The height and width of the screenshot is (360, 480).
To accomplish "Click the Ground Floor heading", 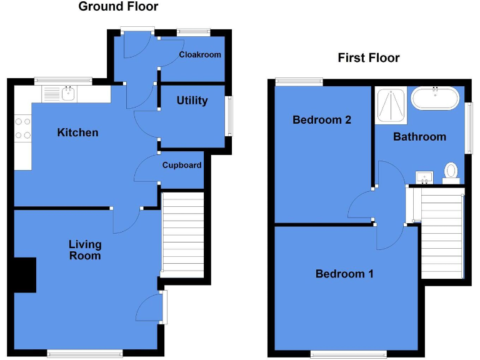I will pyautogui.click(x=118, y=7).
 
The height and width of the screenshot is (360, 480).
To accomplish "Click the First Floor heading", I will pyautogui.click(x=369, y=58).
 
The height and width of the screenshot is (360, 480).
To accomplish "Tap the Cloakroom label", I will pyautogui.click(x=200, y=55).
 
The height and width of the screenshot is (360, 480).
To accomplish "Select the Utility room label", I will pyautogui.click(x=192, y=101).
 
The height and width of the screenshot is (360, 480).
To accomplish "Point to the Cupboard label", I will pyautogui.click(x=182, y=166).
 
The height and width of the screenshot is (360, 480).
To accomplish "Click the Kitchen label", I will pyautogui.click(x=77, y=132).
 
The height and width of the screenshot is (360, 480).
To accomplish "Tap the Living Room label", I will pyautogui.click(x=85, y=250).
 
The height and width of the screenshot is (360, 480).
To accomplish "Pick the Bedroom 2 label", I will pyautogui.click(x=322, y=120).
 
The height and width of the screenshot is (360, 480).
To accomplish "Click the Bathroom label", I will pyautogui.click(x=419, y=137).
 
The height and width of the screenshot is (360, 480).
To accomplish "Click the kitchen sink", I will pyautogui.click(x=68, y=94).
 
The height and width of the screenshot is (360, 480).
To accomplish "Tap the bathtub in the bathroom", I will pyautogui.click(x=436, y=99).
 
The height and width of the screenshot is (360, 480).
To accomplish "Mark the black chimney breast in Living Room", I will pyautogui.click(x=24, y=275).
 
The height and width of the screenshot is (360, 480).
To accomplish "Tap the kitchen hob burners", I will pyautogui.click(x=22, y=128).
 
